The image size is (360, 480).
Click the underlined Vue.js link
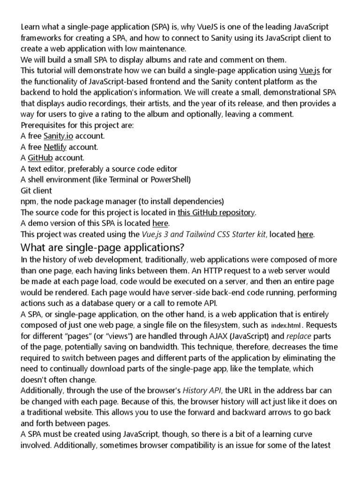point(309,71)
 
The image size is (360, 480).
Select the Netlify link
point(55,147)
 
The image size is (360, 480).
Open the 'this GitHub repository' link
point(216,212)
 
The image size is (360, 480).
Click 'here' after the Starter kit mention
point(305,234)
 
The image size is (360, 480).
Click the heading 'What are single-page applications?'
point(103,247)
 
